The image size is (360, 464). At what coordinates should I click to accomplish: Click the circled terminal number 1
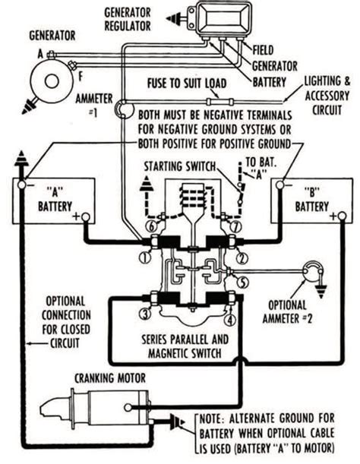145,257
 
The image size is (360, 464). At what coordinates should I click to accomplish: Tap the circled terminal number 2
242,258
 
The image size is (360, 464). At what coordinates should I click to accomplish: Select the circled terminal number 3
144,314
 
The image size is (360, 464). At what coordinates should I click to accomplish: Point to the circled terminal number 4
230,320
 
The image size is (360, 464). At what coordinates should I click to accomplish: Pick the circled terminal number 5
243,283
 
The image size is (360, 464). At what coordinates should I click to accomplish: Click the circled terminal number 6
151,227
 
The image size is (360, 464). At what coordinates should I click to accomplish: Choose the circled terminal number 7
236,227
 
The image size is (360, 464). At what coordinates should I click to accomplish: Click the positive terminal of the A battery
86,217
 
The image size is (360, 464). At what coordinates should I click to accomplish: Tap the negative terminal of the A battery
22,185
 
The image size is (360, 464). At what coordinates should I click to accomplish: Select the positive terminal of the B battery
342,216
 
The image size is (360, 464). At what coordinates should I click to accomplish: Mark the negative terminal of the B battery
279,185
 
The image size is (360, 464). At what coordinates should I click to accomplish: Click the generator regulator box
223,18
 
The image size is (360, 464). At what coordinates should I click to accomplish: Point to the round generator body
52,81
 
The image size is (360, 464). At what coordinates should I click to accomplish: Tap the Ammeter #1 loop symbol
122,109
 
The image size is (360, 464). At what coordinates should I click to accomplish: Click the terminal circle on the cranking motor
128,408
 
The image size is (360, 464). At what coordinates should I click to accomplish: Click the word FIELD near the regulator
264,50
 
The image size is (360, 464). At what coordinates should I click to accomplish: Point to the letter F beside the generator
80,77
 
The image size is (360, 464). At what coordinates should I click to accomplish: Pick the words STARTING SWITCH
180,166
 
